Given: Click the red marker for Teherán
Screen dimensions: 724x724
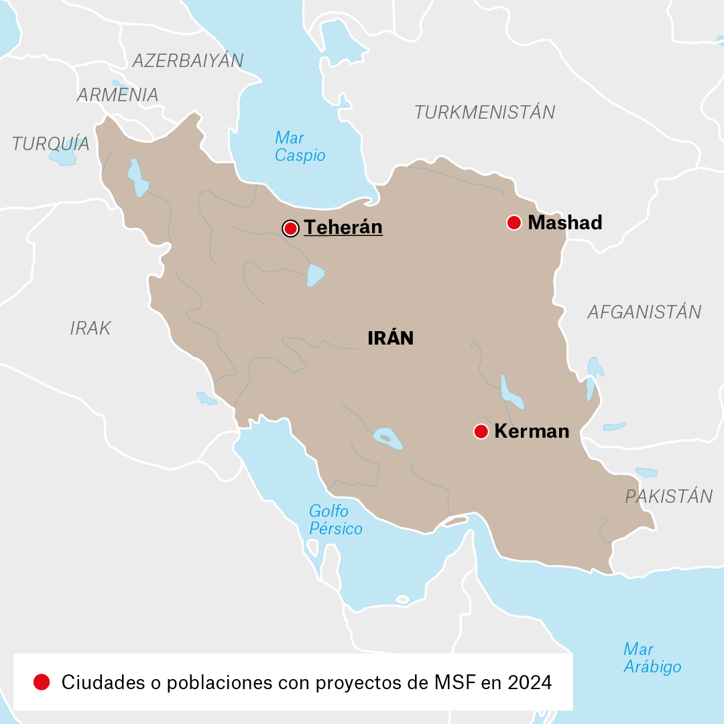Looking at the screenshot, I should coord(290,229).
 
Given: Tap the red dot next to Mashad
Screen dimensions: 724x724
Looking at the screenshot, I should coord(514,223).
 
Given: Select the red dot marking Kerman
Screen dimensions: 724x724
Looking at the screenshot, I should coord(481,432).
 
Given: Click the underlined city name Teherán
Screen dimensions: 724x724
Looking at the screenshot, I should coord(343,227).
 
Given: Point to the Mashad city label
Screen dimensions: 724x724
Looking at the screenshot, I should coord(565,223).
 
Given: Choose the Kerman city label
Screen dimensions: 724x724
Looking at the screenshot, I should coord(532,431).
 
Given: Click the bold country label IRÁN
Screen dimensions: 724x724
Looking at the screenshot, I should coord(390,339).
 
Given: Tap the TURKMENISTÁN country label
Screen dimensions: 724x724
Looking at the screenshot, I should coord(485,112).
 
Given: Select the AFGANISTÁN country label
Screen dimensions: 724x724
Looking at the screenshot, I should coord(644,312).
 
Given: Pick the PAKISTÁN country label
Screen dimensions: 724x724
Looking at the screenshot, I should coord(668,497).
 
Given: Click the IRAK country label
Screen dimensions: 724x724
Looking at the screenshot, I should coord(90,328).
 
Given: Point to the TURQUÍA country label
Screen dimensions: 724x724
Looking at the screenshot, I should coord(50,143).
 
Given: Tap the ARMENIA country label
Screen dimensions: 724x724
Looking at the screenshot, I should coord(117,95).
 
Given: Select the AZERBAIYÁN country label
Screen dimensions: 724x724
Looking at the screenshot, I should coord(188,60).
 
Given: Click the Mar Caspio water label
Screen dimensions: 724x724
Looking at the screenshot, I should coord(300,147).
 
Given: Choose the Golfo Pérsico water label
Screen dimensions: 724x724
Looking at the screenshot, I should coord(335,520).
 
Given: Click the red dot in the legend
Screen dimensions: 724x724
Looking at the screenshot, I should coord(42,682).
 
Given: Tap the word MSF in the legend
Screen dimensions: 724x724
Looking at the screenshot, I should coord(455,682).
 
